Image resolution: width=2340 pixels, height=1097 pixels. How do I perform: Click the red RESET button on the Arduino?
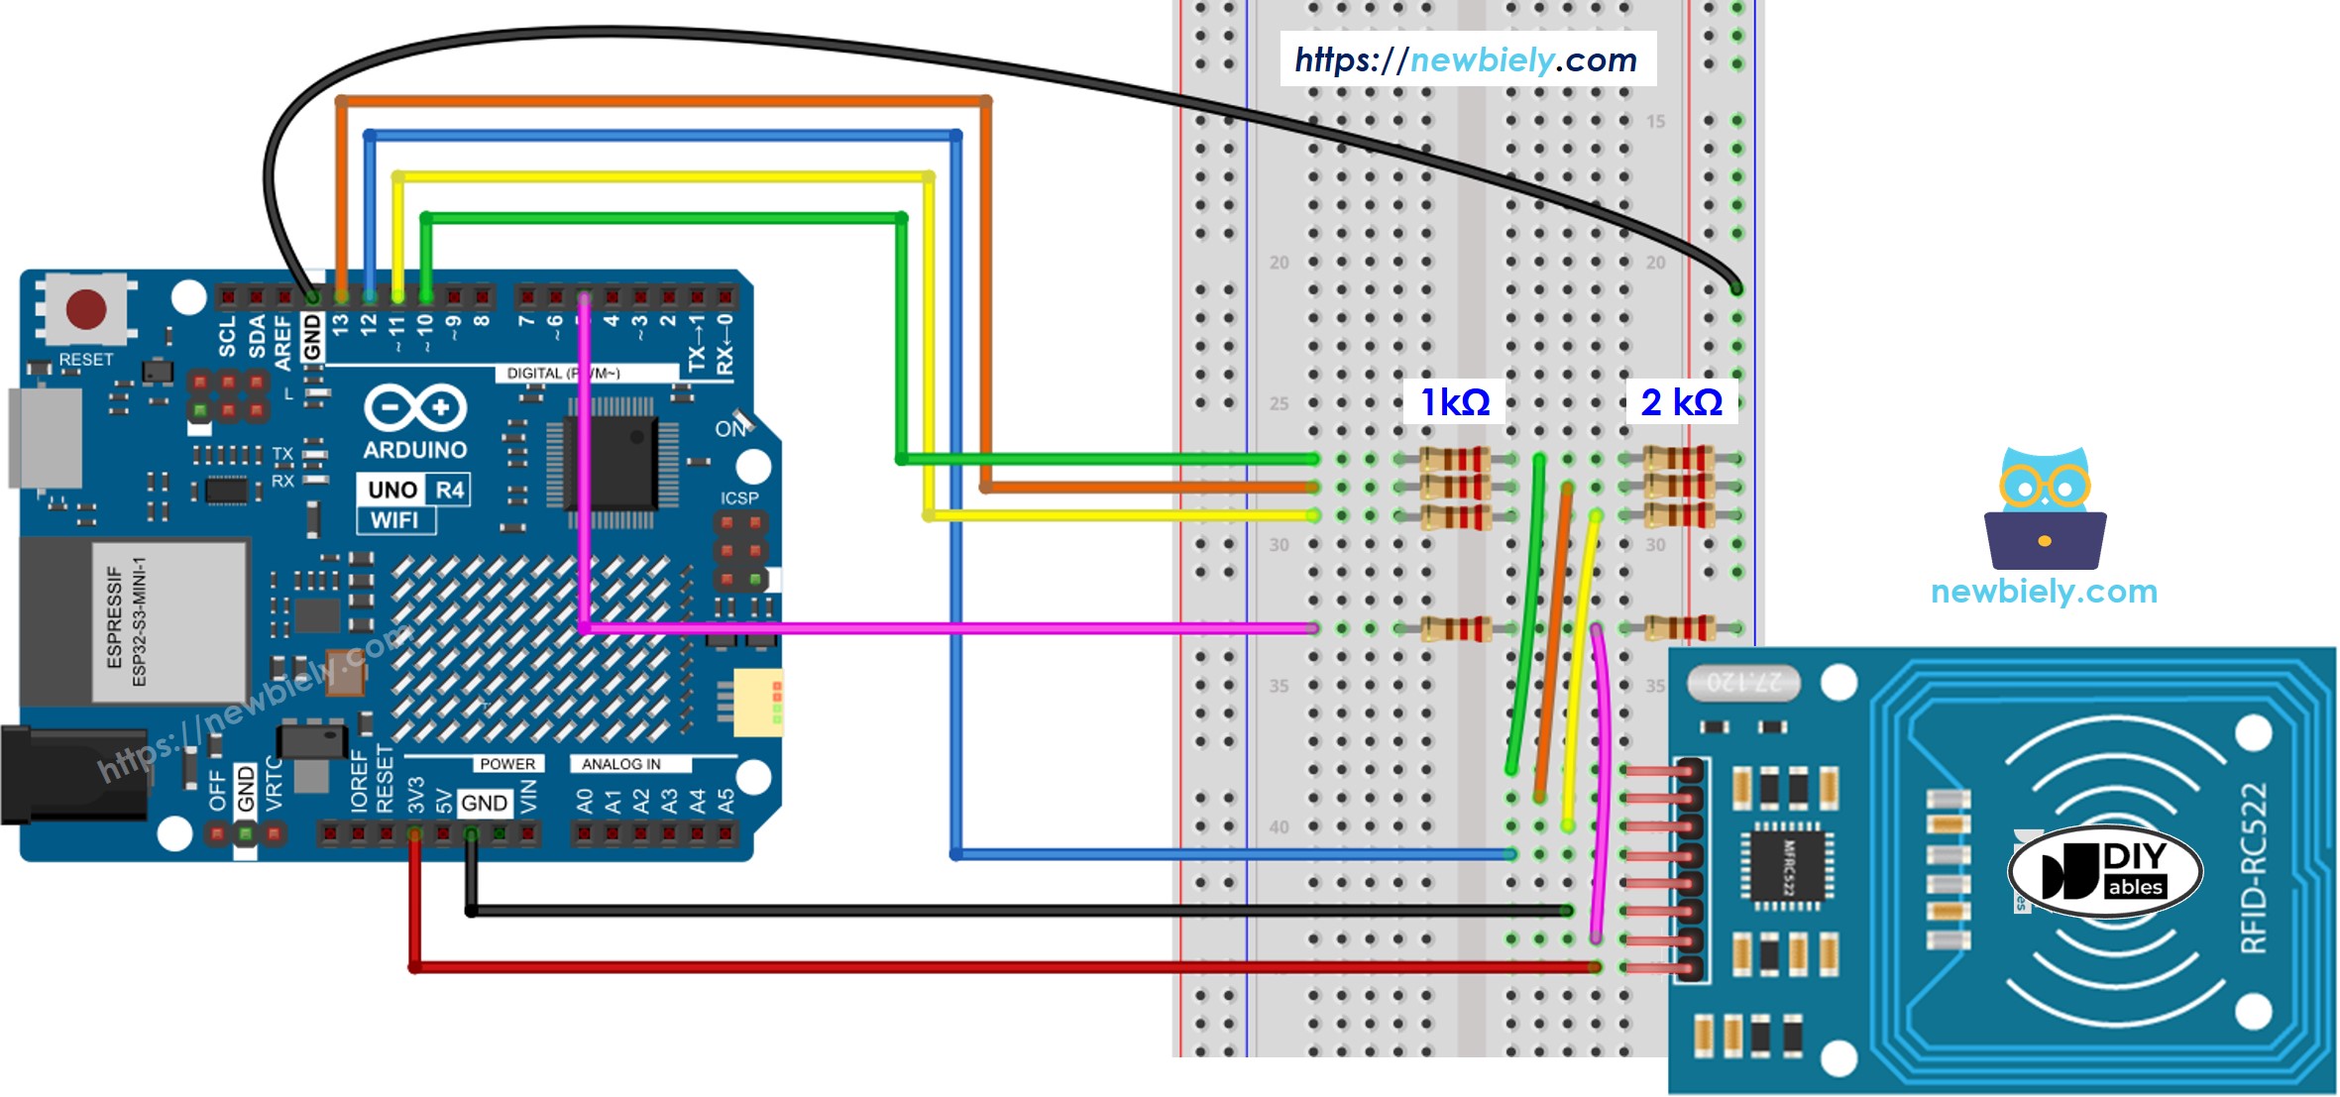pyautogui.click(x=86, y=309)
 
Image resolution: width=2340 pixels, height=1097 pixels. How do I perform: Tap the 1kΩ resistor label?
pyautogui.click(x=1454, y=402)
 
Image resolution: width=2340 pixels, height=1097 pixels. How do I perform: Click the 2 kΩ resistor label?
pyautogui.click(x=1681, y=402)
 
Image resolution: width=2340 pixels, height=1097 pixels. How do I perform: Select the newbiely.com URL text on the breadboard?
pyautogui.click(x=1466, y=59)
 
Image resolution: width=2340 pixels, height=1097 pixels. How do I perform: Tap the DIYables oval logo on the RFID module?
pyautogui.click(x=2105, y=871)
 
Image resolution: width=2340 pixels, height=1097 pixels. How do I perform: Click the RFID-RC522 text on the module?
pyautogui.click(x=2254, y=868)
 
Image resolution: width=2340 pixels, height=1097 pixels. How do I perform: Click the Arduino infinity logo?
pyautogui.click(x=414, y=407)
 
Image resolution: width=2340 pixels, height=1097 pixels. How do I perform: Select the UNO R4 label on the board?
pyautogui.click(x=414, y=490)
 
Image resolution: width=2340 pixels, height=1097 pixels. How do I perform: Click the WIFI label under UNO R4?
pyautogui.click(x=394, y=520)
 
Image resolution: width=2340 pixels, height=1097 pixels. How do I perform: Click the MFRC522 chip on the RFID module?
pyautogui.click(x=1788, y=866)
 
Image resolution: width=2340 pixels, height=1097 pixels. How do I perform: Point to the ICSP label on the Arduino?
pyautogui.click(x=738, y=498)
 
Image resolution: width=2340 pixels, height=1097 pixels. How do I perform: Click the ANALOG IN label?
pyautogui.click(x=621, y=764)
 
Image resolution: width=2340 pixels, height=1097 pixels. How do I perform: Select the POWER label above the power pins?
pyautogui.click(x=506, y=764)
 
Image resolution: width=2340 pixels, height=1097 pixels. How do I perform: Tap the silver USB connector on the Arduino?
pyautogui.click(x=45, y=437)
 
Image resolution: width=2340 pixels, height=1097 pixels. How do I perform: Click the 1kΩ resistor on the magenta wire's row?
pyautogui.click(x=1455, y=628)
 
